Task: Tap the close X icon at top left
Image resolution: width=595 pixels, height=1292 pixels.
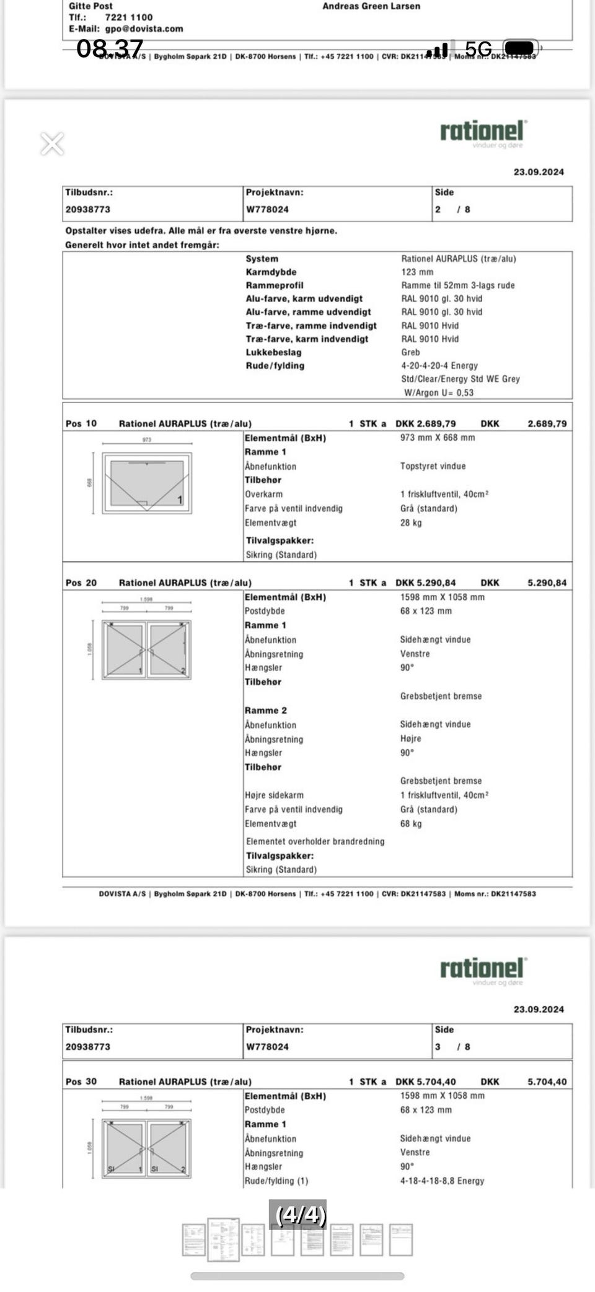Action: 52,144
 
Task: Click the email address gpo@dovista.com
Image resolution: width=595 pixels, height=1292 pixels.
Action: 144,28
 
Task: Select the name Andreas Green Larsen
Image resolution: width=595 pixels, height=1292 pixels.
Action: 371,6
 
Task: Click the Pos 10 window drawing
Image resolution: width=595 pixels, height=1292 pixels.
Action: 147,482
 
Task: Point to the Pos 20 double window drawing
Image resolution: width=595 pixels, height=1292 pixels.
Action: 147,649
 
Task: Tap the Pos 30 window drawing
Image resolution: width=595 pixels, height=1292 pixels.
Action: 147,1148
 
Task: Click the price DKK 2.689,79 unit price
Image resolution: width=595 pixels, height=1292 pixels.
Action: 425,423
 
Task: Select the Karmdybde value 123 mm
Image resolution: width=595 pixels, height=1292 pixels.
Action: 417,272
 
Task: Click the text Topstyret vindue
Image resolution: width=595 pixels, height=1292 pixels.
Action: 433,466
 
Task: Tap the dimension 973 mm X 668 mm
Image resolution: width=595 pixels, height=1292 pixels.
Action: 438,438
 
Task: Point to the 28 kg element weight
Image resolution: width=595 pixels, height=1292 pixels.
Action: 410,522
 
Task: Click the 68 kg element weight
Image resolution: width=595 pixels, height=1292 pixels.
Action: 410,824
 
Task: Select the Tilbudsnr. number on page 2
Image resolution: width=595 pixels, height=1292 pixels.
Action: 87,209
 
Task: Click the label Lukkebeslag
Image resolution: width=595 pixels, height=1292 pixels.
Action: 273,352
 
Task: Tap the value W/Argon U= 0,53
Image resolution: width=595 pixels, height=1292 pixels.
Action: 438,392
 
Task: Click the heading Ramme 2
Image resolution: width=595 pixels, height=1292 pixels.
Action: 265,710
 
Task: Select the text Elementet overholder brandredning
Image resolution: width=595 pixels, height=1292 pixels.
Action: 315,841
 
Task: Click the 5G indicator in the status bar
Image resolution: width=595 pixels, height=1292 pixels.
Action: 478,49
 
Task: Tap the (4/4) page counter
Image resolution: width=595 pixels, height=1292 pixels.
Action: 301,1215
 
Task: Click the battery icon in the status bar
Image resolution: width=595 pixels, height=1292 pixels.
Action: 522,48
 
